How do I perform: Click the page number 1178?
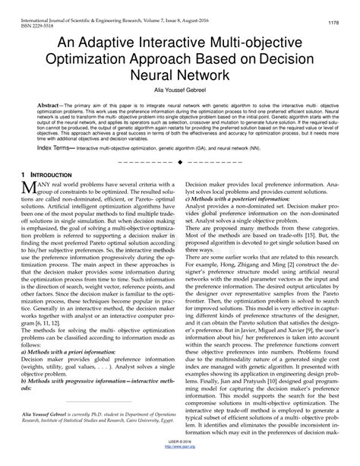pos(333,24)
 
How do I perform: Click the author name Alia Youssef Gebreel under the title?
pos(179,92)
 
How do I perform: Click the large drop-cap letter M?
pos(30,210)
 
